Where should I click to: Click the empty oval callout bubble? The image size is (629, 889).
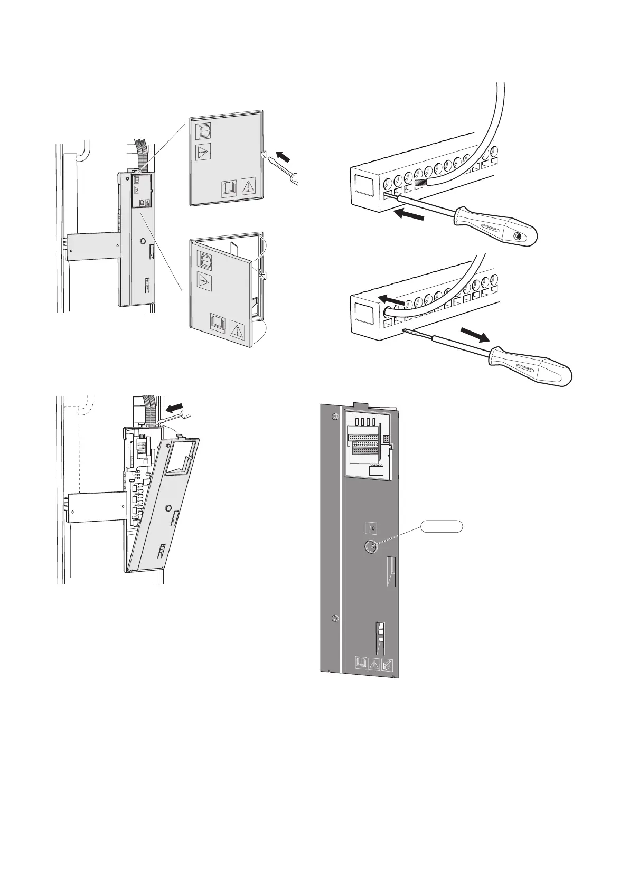442,526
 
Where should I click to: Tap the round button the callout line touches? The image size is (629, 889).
369,546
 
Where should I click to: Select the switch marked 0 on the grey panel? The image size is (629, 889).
372,527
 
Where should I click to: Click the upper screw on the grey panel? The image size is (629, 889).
334,417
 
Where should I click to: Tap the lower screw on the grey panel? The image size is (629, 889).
334,618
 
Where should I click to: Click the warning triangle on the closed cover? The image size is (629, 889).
248,186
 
